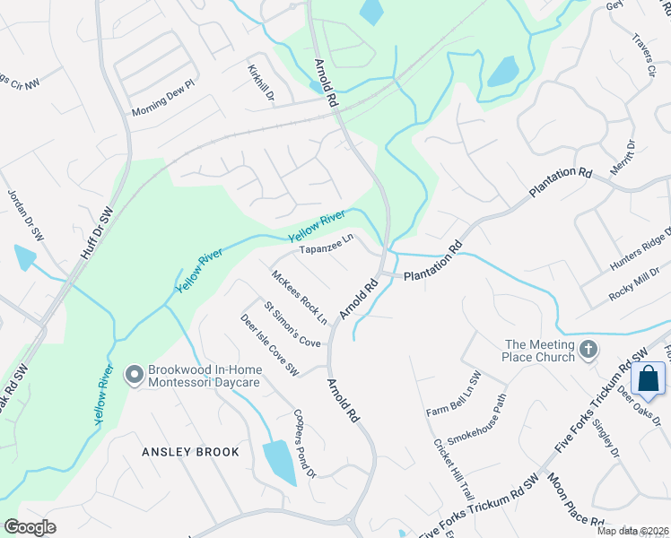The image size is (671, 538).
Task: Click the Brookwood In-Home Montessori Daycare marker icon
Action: tap(135, 374)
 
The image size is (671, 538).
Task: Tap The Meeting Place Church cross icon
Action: tap(588, 349)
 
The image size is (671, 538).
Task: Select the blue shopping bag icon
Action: tap(649, 377)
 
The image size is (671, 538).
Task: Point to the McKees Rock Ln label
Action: tap(300, 298)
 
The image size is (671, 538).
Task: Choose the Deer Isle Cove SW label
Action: tap(268, 343)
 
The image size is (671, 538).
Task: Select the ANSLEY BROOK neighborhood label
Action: tap(191, 452)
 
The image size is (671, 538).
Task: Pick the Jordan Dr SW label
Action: tap(26, 215)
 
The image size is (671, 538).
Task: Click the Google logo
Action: tap(30, 527)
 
